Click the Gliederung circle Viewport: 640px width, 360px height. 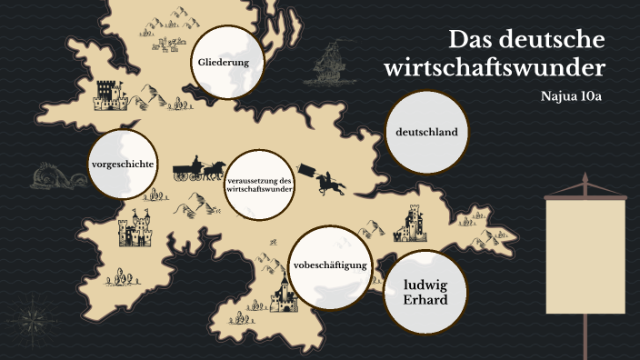tap(224, 63)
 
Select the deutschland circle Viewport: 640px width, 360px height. tap(426, 133)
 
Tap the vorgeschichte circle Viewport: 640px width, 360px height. tap(121, 165)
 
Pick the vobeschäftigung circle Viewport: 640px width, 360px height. tap(329, 265)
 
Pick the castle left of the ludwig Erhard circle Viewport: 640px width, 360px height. tap(285, 294)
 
